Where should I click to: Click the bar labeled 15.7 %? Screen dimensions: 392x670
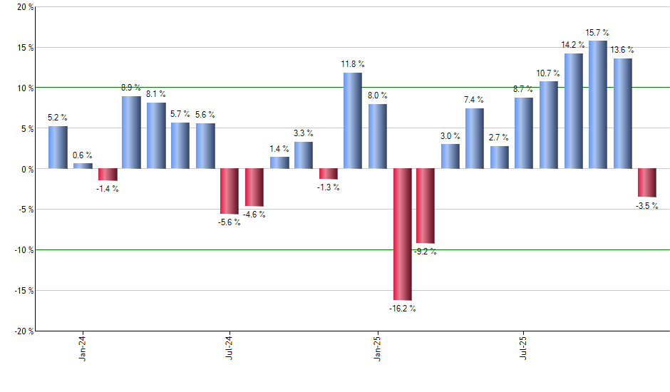(x=598, y=105)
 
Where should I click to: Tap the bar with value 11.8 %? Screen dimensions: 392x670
(x=352, y=120)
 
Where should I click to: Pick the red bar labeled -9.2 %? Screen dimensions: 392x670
(x=426, y=206)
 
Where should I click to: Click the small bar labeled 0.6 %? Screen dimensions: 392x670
(x=83, y=166)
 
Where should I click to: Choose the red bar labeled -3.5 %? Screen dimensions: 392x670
(x=647, y=182)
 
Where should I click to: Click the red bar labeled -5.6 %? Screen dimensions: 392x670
(x=229, y=191)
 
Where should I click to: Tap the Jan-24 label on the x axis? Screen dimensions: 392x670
(x=83, y=346)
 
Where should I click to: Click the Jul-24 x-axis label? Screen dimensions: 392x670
(x=229, y=346)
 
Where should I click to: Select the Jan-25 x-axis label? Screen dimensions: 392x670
(x=377, y=346)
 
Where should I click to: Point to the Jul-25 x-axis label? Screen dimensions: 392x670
(x=524, y=346)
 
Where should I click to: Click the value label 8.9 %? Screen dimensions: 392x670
(x=130, y=88)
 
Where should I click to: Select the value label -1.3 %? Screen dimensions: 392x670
(x=328, y=187)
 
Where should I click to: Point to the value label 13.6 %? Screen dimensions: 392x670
(x=622, y=50)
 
